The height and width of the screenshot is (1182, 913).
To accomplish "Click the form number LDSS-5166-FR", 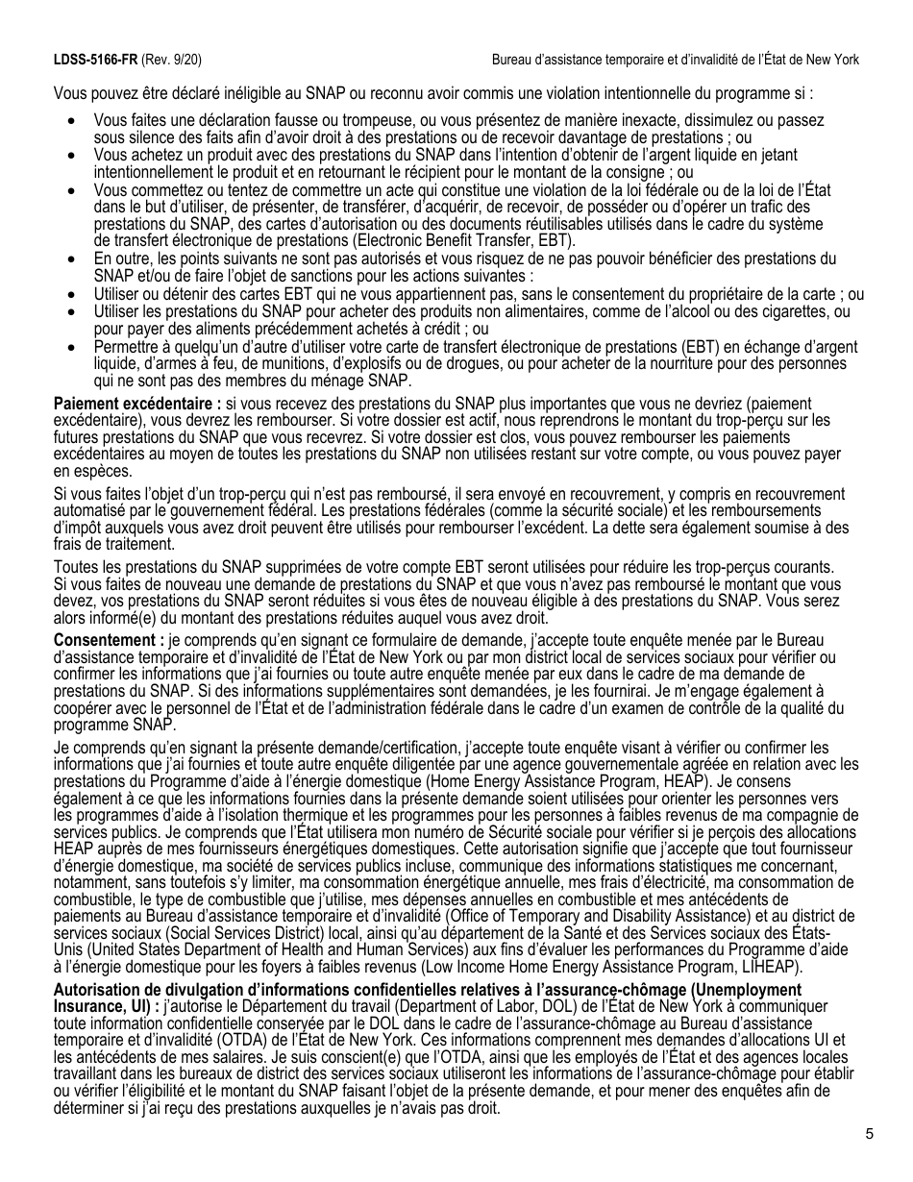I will (x=95, y=60).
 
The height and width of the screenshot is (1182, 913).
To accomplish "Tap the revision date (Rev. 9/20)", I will (x=172, y=60).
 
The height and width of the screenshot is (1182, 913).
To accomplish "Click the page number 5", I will (x=869, y=1134).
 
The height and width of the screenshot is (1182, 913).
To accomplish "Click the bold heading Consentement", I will (x=109, y=640).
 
